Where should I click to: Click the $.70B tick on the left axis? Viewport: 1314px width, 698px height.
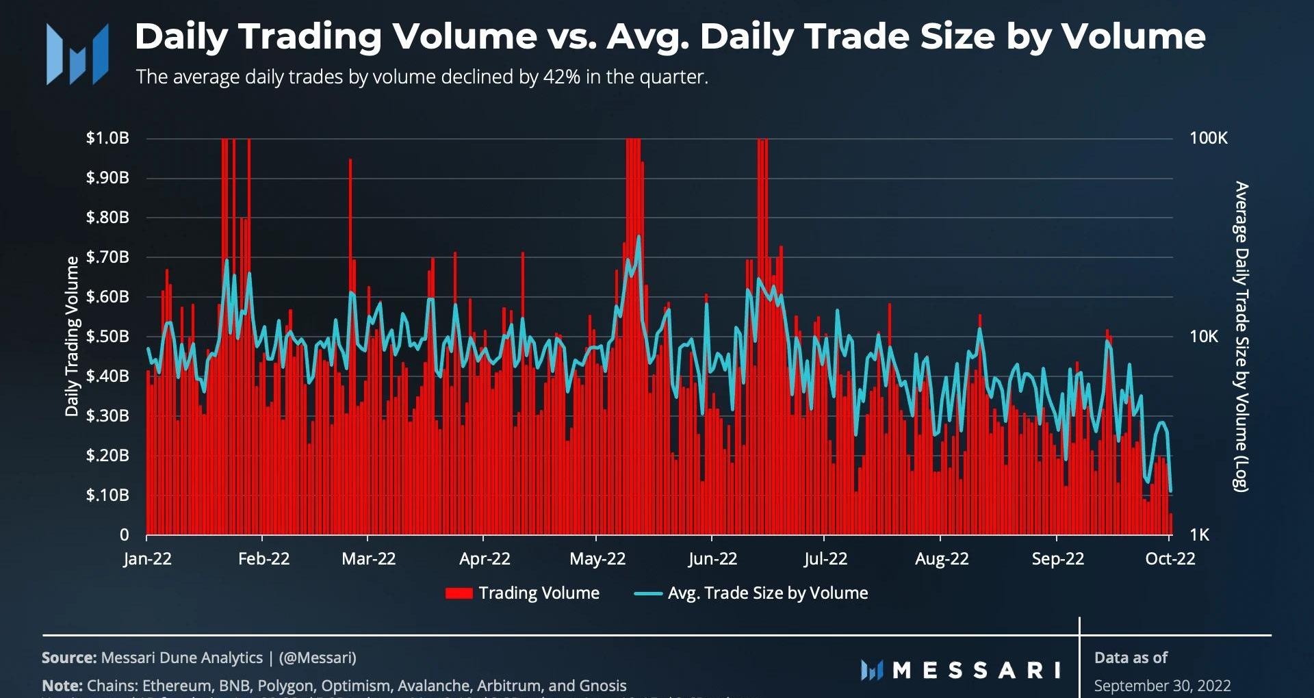pos(107,257)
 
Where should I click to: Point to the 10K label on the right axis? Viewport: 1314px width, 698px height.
pos(1204,337)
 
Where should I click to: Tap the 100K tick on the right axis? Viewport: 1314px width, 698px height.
pos(1208,138)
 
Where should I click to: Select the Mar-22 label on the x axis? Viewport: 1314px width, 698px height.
pos(368,559)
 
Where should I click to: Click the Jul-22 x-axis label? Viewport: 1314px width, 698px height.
pos(825,559)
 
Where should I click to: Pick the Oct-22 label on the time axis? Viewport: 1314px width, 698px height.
pos(1170,559)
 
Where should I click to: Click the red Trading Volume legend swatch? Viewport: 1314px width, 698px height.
pos(459,593)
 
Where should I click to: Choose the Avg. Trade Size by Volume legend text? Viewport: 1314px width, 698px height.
pos(767,593)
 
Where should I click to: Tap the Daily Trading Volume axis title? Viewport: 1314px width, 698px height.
pos(72,336)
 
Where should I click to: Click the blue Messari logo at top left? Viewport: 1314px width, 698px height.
pos(77,54)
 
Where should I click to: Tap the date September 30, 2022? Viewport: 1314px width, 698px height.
pos(1162,686)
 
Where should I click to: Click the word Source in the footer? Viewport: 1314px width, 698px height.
pos(68,658)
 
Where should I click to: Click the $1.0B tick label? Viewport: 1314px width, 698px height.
pos(107,138)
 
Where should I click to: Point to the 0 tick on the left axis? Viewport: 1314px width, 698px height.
pos(124,534)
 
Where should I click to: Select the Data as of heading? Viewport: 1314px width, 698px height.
pos(1131,658)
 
